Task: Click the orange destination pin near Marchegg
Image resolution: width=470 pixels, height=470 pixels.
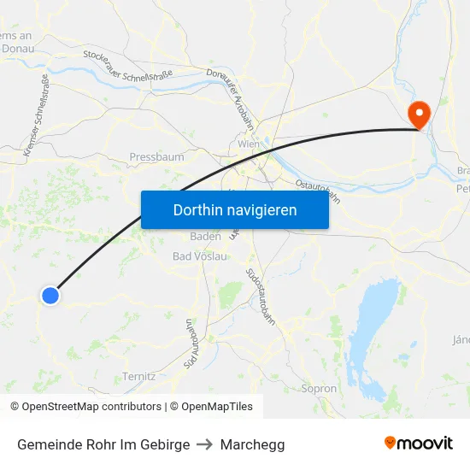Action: click(x=420, y=114)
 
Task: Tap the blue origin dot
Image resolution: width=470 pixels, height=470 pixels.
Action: click(x=50, y=296)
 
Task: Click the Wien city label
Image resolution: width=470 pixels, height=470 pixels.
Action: click(x=249, y=144)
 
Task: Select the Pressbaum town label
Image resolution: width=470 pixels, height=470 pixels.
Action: click(x=156, y=157)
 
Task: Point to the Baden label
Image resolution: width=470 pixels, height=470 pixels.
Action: click(x=205, y=236)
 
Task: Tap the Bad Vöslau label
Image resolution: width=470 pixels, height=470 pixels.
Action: click(x=200, y=256)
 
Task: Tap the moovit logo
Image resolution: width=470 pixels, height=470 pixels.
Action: click(x=419, y=443)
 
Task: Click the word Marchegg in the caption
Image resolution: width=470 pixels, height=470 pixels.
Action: click(x=252, y=444)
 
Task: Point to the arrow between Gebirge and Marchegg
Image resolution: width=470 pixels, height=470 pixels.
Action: click(x=204, y=444)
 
